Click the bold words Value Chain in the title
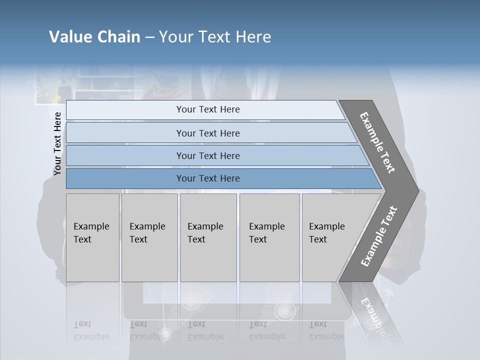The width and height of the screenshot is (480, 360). click(x=94, y=37)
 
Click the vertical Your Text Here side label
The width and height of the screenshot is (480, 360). click(x=57, y=143)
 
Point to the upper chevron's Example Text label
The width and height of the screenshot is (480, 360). click(x=377, y=142)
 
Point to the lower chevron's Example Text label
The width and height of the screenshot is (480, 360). click(x=379, y=236)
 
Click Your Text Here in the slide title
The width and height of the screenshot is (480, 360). click(x=215, y=37)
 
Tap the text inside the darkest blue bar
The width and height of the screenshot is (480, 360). click(x=208, y=178)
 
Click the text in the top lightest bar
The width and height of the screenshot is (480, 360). click(x=208, y=109)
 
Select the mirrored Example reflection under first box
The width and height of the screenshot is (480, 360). click(x=91, y=336)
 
